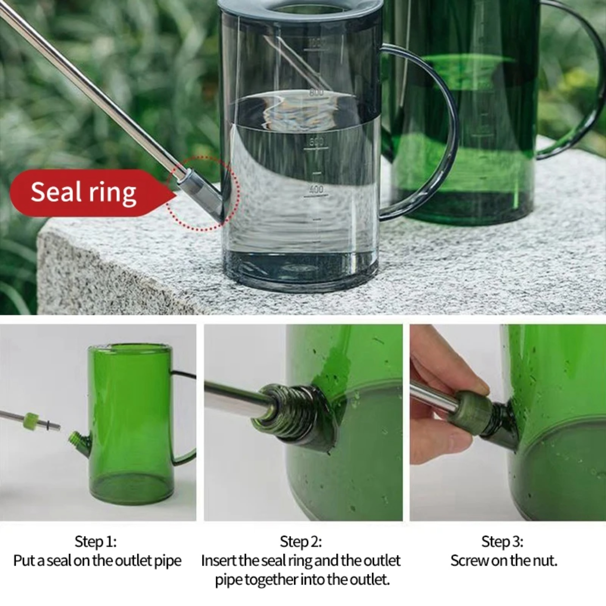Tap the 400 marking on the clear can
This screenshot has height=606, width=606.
click(x=316, y=189)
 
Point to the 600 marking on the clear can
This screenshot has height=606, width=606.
click(x=316, y=141)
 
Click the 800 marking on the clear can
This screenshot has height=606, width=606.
click(x=316, y=93)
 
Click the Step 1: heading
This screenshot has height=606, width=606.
click(x=96, y=541)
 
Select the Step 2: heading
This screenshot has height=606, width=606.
click(x=301, y=541)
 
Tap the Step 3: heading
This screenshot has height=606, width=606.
click(x=502, y=541)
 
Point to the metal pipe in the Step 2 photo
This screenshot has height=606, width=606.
click(x=234, y=398)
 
